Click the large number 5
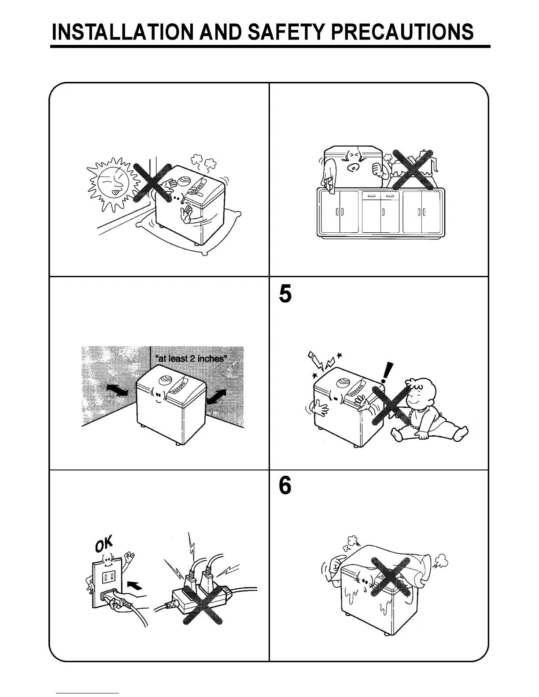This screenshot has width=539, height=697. point(285,294)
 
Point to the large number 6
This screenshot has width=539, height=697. point(285,486)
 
